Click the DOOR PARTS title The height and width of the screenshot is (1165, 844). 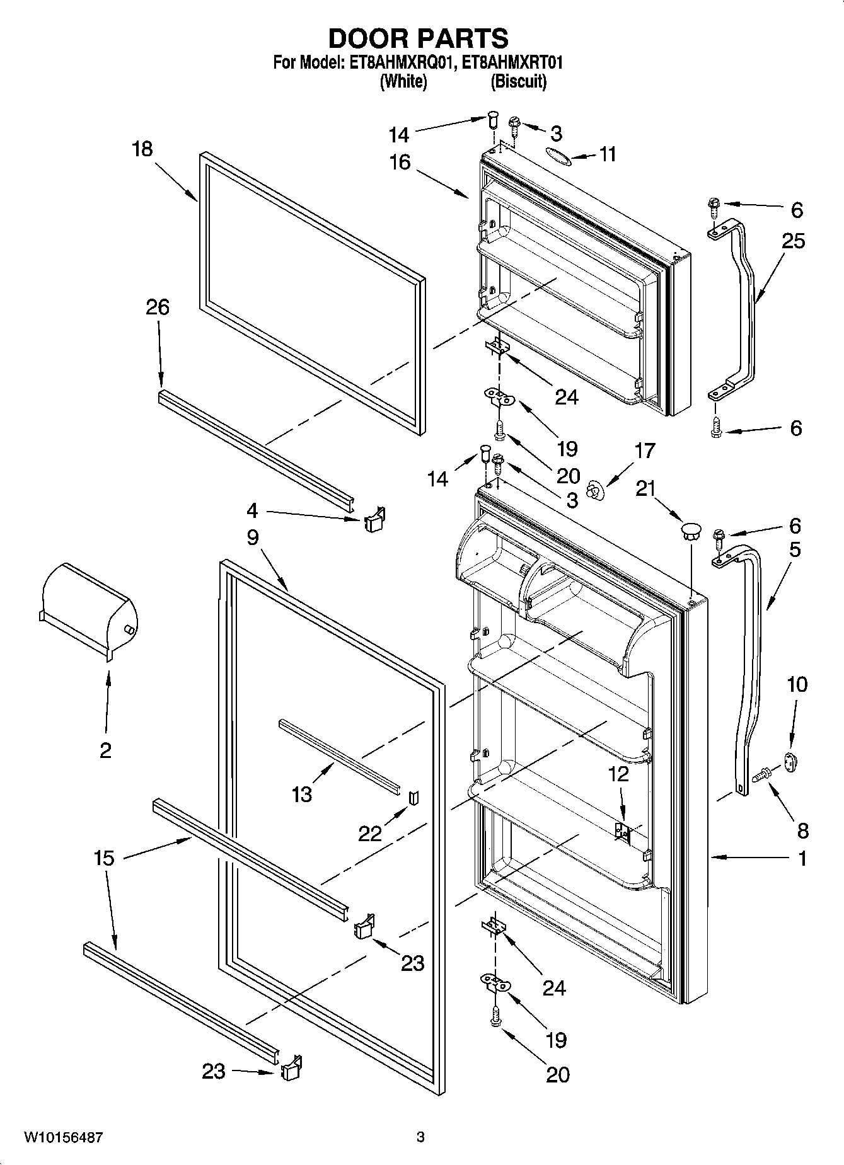click(419, 39)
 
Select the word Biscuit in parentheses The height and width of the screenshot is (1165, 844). click(519, 81)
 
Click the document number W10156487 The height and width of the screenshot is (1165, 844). click(63, 1137)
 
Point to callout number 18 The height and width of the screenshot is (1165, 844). click(142, 149)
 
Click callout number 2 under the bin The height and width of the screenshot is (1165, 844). click(105, 750)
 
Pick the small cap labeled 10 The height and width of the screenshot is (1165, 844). click(790, 761)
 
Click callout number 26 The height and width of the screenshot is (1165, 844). click(158, 307)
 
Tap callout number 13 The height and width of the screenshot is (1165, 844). click(302, 795)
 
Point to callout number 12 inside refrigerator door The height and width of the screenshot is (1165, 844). click(618, 774)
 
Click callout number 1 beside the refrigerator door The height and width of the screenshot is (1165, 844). click(802, 858)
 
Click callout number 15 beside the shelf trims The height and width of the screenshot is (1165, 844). click(105, 858)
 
